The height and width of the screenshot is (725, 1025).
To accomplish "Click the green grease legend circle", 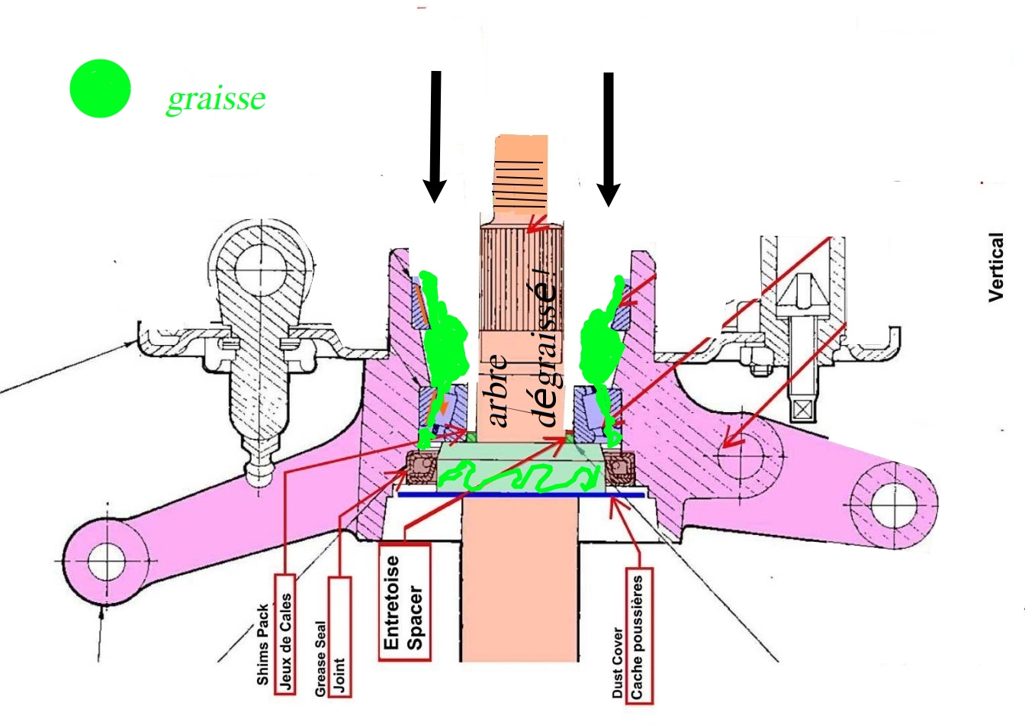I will [x=100, y=89].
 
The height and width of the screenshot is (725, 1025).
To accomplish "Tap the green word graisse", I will [x=216, y=98].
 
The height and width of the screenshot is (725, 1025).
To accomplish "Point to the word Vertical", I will [x=996, y=267].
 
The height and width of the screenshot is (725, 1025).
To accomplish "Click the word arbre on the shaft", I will [x=499, y=389].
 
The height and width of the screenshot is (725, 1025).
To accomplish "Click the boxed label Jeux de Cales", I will [x=285, y=641].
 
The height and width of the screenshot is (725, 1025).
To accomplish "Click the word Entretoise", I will [x=392, y=603].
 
